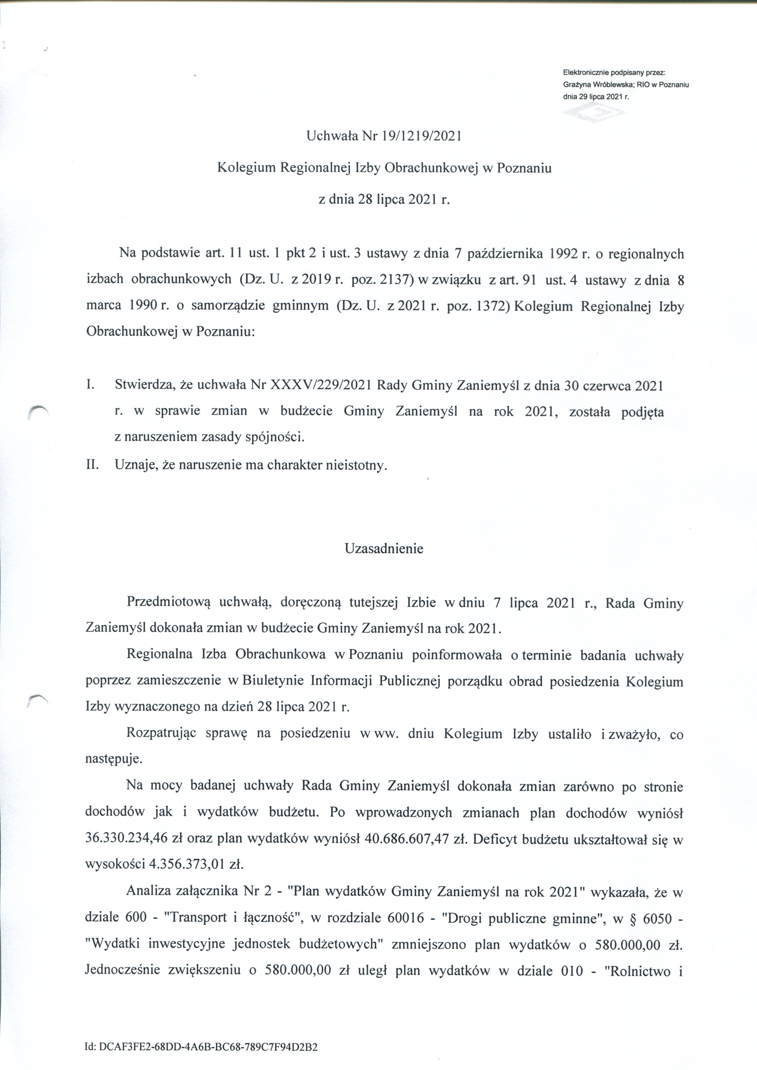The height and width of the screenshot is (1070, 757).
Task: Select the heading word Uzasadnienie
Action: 384,549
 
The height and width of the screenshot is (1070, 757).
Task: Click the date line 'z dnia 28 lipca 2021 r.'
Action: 384,200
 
